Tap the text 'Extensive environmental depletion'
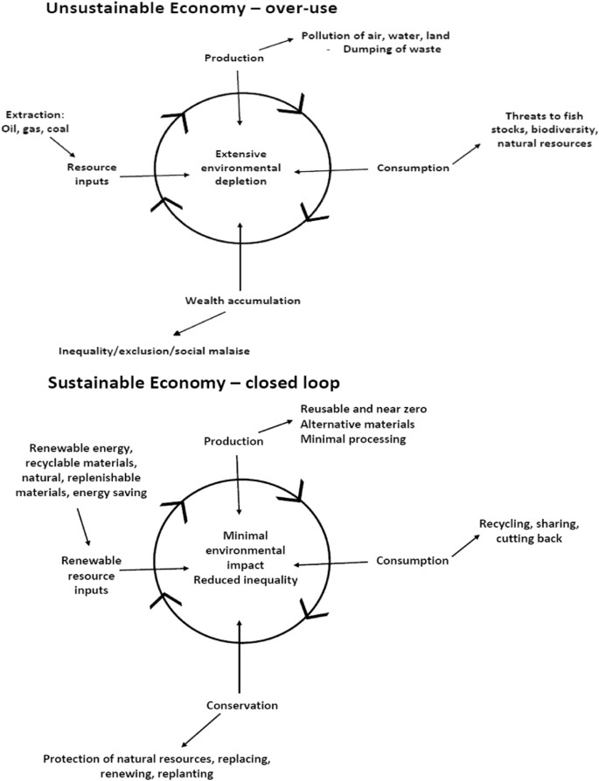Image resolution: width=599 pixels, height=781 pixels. (x=240, y=167)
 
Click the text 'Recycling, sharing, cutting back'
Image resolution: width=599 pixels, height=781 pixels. (x=529, y=531)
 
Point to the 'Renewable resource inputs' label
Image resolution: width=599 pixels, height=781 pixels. (x=91, y=566)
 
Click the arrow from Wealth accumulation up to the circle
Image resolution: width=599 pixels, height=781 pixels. (x=240, y=259)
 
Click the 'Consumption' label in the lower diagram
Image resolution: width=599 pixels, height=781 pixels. (x=411, y=561)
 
